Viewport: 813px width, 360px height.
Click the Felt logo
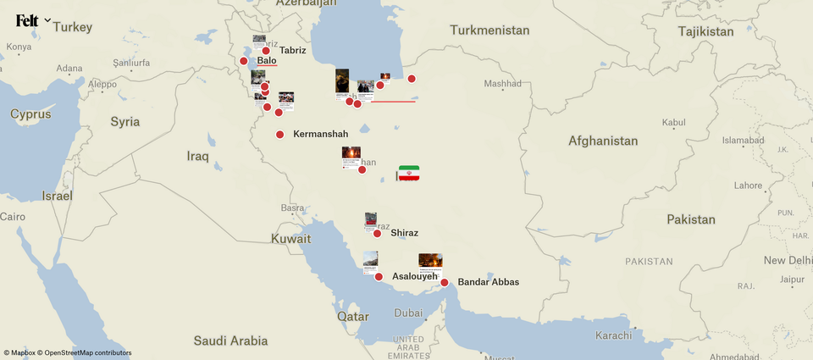click(27, 20)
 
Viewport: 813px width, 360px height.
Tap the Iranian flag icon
click(409, 173)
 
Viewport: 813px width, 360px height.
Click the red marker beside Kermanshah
click(279, 135)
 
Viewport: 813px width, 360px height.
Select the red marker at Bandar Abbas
click(444, 283)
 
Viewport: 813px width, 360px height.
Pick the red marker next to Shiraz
click(377, 233)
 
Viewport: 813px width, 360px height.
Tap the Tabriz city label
click(292, 50)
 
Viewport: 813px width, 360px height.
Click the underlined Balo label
click(267, 61)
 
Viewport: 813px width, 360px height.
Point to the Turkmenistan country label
click(490, 30)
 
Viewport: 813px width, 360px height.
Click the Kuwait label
click(290, 239)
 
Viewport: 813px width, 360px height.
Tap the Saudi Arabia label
click(230, 341)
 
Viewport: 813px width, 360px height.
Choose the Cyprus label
click(30, 114)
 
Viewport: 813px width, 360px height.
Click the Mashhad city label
click(502, 84)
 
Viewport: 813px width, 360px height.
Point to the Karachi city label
click(613, 335)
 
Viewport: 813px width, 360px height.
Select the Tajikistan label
click(705, 31)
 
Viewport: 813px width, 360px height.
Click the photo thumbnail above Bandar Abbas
click(430, 261)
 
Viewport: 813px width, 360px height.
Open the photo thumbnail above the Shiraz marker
click(371, 219)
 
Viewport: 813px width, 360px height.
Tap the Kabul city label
click(673, 123)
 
